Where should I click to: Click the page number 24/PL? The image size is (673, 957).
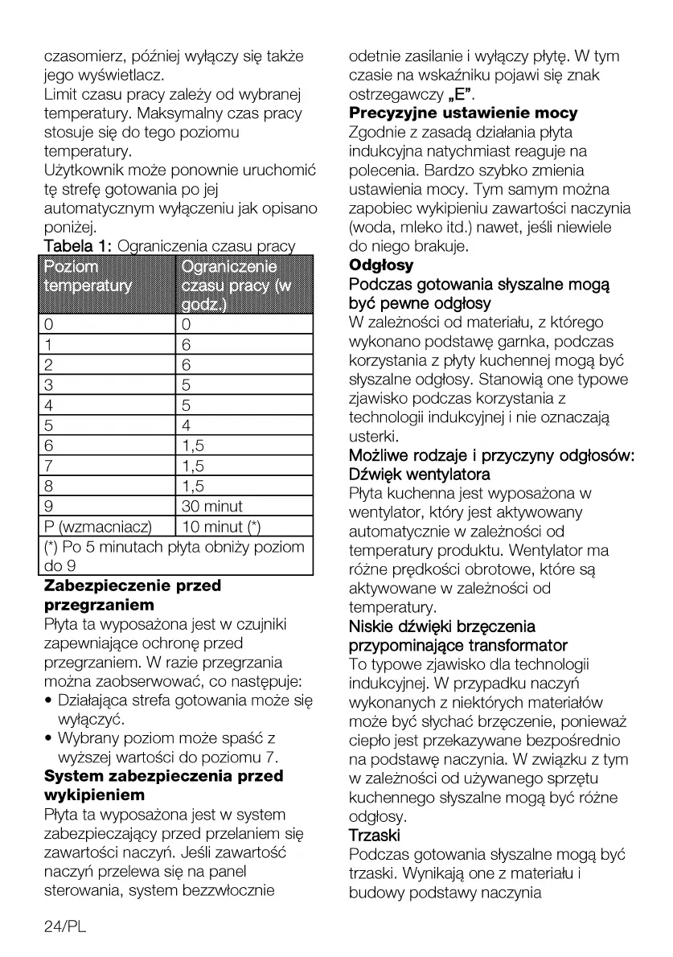(64, 927)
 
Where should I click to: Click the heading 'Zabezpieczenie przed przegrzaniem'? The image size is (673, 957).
(132, 594)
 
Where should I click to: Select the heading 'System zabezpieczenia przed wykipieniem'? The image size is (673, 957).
(163, 786)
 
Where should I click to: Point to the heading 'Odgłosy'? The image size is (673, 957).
(381, 265)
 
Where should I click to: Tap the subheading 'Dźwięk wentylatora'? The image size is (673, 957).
(419, 474)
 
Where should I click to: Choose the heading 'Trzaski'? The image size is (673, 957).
(375, 836)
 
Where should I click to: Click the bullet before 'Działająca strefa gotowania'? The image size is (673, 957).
(49, 701)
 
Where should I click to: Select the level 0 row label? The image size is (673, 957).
(49, 324)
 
